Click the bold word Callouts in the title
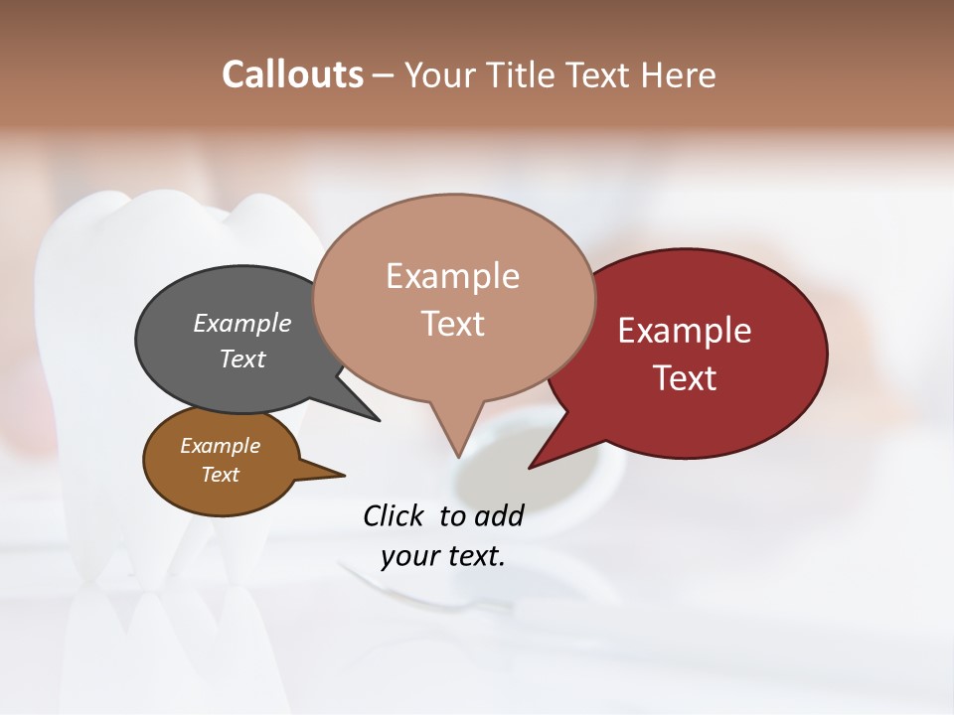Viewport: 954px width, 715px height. click(292, 74)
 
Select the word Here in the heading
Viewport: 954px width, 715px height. click(679, 74)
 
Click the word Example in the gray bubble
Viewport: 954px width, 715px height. click(242, 323)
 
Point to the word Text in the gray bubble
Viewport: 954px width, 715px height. click(242, 358)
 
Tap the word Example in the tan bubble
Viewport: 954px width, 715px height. click(452, 276)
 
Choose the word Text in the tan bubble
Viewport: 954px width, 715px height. click(452, 324)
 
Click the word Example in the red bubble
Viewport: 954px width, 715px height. click(685, 331)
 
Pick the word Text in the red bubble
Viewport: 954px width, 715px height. click(685, 378)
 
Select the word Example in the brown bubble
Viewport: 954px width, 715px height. click(221, 446)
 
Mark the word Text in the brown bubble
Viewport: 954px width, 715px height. click(221, 475)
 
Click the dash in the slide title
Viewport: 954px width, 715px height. click(384, 74)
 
